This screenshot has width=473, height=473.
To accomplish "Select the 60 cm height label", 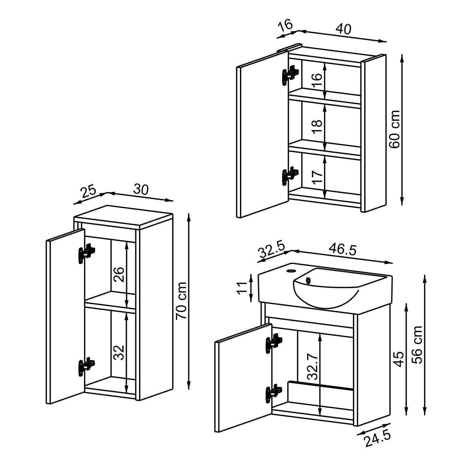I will pos(394,129).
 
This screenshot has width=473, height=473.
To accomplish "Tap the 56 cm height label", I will pos(418,345).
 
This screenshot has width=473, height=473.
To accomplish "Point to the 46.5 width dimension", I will pos(342,249).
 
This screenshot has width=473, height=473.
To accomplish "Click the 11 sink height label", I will pos(242,288).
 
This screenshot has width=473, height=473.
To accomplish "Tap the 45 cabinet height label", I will pos(399,359).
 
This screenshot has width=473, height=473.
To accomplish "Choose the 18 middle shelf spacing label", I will pos(318,126).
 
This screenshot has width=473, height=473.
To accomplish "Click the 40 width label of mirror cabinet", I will pos(343,29).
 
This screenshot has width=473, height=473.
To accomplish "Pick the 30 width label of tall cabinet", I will pos(141,190).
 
